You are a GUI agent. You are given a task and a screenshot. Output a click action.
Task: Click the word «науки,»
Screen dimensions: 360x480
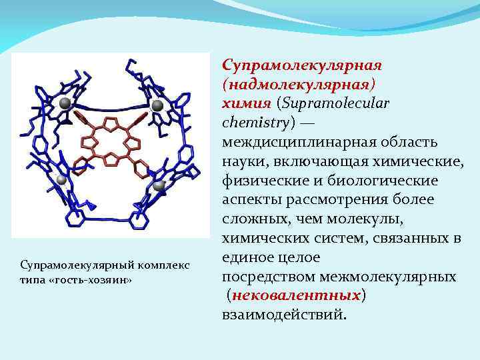[243, 161]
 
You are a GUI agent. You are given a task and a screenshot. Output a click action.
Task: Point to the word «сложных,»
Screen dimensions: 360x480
[253, 219]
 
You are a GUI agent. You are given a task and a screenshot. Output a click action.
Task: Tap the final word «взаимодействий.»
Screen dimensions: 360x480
[285, 314]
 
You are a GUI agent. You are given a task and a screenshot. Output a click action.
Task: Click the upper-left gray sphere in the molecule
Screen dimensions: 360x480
[65, 103]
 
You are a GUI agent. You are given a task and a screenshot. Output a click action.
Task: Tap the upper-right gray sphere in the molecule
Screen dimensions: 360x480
[157, 105]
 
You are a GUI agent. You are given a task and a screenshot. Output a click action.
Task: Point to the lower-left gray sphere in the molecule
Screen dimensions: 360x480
[61, 180]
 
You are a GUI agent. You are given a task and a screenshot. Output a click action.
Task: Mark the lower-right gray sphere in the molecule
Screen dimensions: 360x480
[159, 186]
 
